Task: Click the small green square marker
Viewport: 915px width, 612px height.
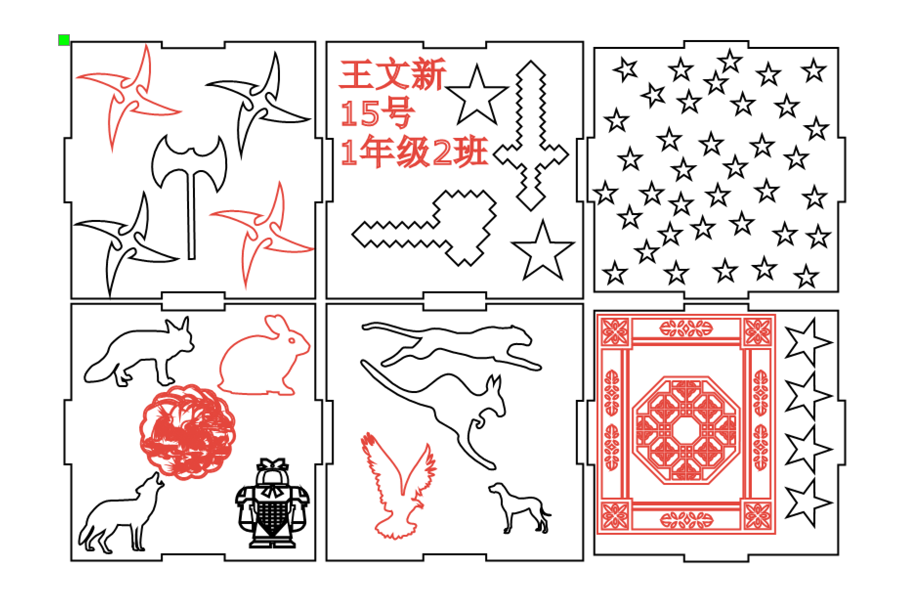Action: coord(64,40)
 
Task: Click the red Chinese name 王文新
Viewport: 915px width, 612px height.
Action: coord(393,74)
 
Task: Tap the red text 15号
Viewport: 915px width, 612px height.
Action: coord(377,113)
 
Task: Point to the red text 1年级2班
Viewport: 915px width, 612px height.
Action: coord(414,152)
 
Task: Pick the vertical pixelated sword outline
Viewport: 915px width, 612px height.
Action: coord(531,135)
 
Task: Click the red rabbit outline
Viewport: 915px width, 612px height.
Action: coord(264,355)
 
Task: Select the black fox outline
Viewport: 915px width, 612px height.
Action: coord(139,351)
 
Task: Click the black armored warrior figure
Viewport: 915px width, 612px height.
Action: coord(272,503)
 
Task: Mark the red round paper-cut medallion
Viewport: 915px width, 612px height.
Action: coord(188,432)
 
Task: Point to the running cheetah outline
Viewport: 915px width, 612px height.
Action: coord(452,346)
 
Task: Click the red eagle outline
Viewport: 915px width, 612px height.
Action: coord(398,485)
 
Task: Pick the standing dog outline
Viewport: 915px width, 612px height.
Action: coord(520,508)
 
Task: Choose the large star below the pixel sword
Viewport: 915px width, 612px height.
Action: coord(542,250)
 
